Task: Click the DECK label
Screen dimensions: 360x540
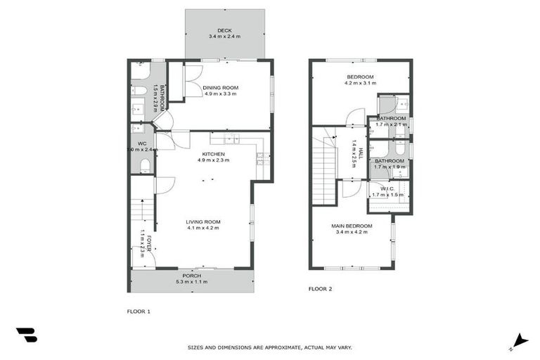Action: (224, 30)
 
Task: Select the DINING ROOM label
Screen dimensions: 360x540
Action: (220, 87)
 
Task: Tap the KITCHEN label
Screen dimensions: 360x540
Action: (214, 154)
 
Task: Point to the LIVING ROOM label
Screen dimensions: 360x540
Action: (203, 221)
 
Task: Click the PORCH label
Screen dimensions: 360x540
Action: (191, 276)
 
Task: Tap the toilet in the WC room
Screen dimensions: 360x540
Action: (145, 166)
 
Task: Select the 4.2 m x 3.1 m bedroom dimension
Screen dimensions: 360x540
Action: (360, 83)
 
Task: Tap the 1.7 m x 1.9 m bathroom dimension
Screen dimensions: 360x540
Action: (390, 167)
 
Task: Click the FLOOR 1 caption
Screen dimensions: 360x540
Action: (139, 311)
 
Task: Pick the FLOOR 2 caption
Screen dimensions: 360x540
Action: (321, 288)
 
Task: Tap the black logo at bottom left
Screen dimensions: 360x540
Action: (27, 335)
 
